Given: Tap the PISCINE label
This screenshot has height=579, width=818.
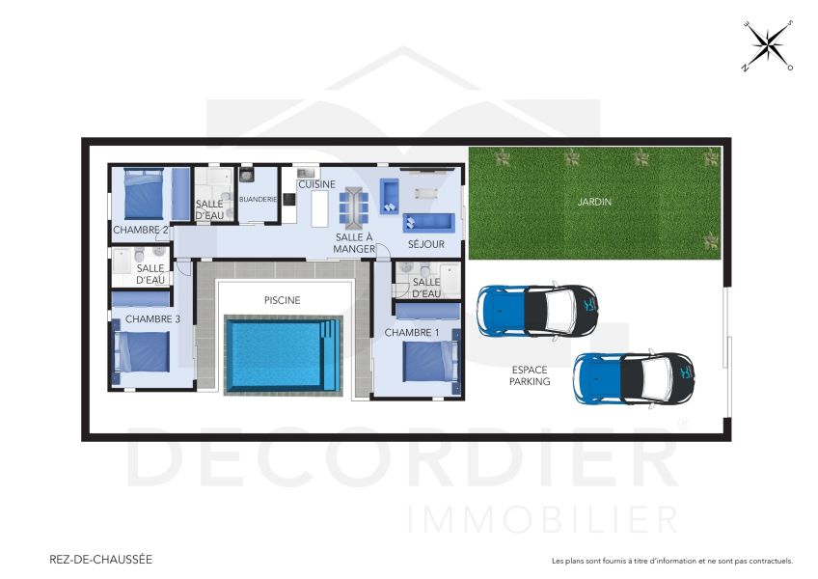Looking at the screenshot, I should tap(283, 300).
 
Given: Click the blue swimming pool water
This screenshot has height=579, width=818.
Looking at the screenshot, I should tap(280, 353).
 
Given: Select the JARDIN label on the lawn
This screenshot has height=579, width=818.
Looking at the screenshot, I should tap(594, 203).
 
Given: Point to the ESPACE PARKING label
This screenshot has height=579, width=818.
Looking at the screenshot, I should tap(531, 375).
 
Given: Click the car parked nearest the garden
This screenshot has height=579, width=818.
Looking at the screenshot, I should tap(536, 312).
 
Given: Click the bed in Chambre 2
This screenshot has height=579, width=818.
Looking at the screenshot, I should tap(143, 195).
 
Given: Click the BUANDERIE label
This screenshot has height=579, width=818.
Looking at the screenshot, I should tap(258, 200).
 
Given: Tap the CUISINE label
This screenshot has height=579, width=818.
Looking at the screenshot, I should tap(316, 184).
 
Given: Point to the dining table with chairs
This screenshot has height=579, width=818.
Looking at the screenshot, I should tap(353, 205).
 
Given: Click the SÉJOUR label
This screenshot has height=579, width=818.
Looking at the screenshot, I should tap(425, 245).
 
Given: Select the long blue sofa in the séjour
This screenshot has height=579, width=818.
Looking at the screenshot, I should tap(428, 221).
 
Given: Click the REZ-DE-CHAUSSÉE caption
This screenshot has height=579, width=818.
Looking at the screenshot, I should tap(100, 559).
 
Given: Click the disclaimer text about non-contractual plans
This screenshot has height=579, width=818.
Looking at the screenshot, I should tap(671, 561).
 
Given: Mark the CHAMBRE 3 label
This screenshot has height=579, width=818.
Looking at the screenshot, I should tap(152, 319).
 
